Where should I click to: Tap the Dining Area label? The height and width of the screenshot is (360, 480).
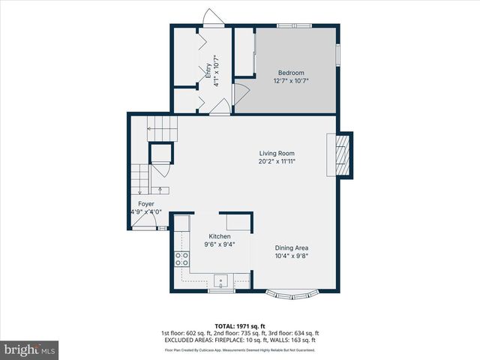click(292, 248)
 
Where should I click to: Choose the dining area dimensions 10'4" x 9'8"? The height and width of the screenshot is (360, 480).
click(292, 256)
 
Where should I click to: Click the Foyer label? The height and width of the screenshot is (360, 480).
click(145, 204)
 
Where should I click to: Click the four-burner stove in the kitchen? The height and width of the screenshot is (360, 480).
click(181, 259)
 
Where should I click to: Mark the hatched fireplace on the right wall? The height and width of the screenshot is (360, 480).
click(342, 155)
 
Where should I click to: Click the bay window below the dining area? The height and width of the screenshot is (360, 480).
click(292, 292)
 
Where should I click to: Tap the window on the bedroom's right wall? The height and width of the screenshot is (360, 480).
click(338, 54)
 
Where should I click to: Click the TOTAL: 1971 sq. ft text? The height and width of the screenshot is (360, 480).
click(240, 326)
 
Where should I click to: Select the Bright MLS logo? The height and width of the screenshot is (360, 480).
click(30, 349)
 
